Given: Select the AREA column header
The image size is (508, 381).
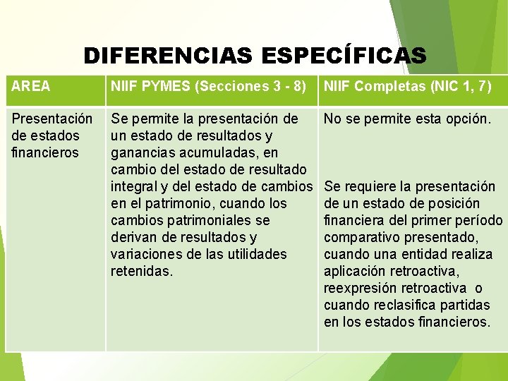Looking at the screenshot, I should [x=31, y=87].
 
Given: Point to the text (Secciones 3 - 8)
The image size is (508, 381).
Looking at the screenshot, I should [x=252, y=87].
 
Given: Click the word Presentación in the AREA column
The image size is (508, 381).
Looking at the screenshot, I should [x=52, y=119].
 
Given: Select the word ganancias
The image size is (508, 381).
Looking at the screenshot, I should [x=140, y=152].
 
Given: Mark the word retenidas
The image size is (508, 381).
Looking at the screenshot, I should [x=141, y=271].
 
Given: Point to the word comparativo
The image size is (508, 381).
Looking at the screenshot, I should [x=363, y=237].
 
